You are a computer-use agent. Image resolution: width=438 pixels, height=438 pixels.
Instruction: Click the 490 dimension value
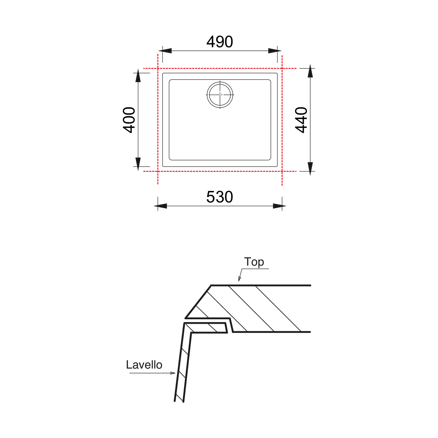click(220, 42)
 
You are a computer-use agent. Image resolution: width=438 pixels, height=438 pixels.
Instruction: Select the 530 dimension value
click(220, 197)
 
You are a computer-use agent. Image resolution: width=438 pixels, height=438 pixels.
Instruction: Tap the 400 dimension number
click(129, 120)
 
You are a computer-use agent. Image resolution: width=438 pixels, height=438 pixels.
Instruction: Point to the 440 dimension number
click(301, 120)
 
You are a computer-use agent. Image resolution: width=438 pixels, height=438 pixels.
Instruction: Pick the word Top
click(254, 262)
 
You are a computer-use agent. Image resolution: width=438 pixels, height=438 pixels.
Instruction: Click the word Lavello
click(144, 365)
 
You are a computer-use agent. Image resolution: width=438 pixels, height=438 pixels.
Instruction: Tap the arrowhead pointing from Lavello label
click(173, 373)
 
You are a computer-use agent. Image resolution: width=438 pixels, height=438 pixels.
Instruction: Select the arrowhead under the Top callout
click(239, 279)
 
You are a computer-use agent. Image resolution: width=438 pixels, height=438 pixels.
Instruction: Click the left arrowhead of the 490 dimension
click(165, 51)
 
